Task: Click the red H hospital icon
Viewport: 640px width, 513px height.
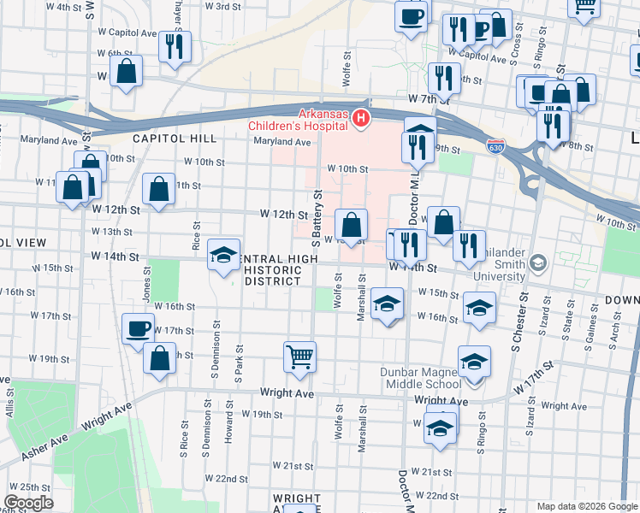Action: click(362, 118)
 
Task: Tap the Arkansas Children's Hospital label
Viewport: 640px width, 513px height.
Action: click(323, 121)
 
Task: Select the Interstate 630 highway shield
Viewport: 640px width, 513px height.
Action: click(495, 146)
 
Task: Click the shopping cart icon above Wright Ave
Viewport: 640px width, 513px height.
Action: click(299, 356)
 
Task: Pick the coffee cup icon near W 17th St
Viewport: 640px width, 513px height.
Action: click(138, 328)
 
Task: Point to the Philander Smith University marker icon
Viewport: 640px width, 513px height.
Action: click(537, 261)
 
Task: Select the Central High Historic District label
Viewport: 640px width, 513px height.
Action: click(271, 269)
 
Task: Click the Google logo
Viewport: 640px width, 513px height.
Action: click(28, 503)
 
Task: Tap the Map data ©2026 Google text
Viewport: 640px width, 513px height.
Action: click(587, 506)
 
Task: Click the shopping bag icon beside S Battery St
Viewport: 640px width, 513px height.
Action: click(351, 226)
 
